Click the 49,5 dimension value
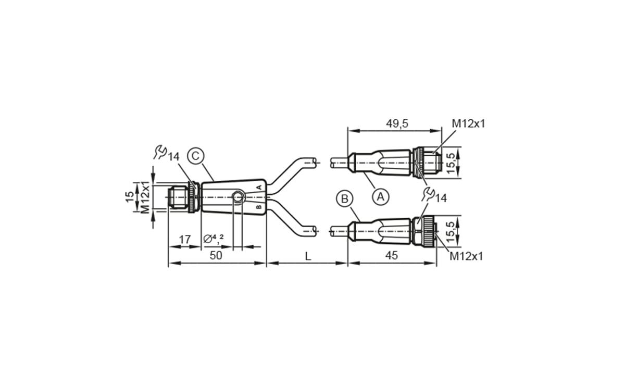pos(397,123)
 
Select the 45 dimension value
pos(392,255)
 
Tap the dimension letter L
pos(308,256)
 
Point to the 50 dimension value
pos(216,255)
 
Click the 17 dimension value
pos(184,239)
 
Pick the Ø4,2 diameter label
pos(214,238)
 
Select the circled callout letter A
pos(381,197)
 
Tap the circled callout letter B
pos(344,198)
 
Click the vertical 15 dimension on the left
pos(129,197)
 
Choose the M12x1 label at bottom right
pos(466,256)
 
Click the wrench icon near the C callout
pos(161,152)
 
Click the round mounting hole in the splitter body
pos(238,197)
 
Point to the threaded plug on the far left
pos(178,197)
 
